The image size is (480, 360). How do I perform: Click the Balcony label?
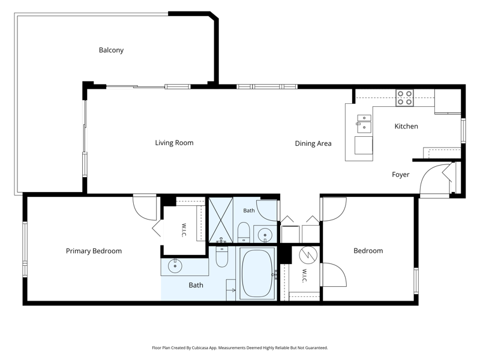click(111, 50)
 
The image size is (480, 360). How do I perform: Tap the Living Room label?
click(174, 143)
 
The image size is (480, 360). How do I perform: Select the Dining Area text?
click(313, 143)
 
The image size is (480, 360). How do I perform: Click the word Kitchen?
click(406, 126)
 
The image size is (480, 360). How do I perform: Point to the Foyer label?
click(400, 175)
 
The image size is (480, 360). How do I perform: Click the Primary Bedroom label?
click(94, 251)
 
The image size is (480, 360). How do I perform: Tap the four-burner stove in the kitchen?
click(404, 98)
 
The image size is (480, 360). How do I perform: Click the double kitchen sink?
click(364, 124)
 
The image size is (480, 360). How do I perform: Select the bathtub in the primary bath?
click(257, 273)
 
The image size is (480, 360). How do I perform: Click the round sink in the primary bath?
click(175, 265)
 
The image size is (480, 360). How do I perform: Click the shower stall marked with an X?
click(221, 220)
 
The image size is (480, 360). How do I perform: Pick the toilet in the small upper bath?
click(244, 232)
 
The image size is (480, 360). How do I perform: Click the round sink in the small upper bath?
click(265, 235)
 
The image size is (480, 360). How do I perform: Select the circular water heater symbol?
click(308, 255)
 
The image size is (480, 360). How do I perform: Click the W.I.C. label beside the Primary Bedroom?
click(184, 230)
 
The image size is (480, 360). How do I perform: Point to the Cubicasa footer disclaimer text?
click(239, 348)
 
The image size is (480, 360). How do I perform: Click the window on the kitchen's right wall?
click(463, 131)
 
